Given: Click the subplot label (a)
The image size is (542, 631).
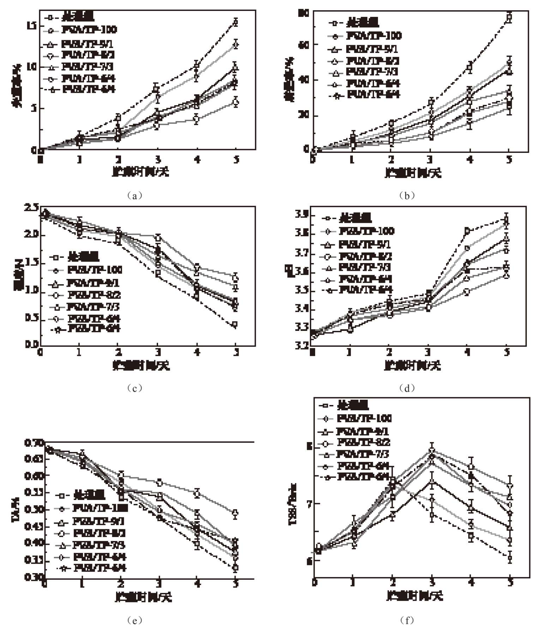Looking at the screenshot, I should tap(134, 195).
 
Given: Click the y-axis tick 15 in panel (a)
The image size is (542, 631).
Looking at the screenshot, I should tap(31, 25).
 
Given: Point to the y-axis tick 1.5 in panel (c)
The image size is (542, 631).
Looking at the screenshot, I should tap(31, 263).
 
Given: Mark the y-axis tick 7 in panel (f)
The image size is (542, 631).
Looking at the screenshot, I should tap(309, 503).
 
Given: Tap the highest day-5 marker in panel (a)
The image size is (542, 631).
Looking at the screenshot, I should tap(236, 22).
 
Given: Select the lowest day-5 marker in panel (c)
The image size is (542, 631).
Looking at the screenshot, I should tap(235, 324).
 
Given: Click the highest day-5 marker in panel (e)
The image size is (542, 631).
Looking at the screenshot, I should tap(235, 513).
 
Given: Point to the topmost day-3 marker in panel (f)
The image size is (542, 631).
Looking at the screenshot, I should tap(432, 451).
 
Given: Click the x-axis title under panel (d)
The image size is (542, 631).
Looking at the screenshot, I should tap(412, 365).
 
